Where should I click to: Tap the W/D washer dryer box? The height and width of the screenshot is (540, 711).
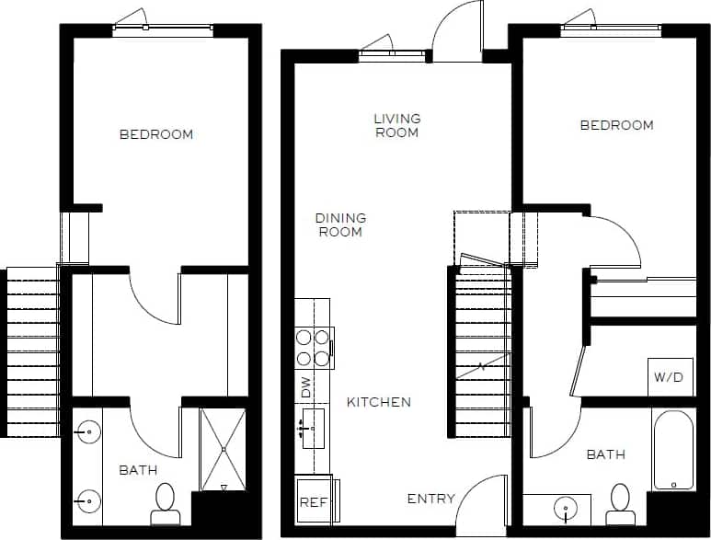pos(670,377)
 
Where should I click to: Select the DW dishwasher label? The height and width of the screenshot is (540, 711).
pos(306,387)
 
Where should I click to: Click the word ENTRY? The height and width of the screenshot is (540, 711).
pos(430,499)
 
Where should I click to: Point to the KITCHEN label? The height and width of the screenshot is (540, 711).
pos(378,402)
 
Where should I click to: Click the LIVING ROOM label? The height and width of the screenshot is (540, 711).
pos(396,125)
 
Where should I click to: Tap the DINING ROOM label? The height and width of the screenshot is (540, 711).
pos(340,224)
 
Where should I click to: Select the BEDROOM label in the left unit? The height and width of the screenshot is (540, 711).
pos(156,134)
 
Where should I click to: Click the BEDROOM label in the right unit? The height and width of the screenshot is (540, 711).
pos(616,125)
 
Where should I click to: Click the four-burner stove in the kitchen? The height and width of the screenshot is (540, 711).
pos(314,347)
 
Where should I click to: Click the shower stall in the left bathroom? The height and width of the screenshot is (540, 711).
pos(223,449)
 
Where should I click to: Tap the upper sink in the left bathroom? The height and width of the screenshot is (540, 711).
pos(89,431)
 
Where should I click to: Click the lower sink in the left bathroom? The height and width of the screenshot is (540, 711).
pos(89,501)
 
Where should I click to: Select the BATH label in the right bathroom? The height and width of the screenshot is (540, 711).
pos(606,454)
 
